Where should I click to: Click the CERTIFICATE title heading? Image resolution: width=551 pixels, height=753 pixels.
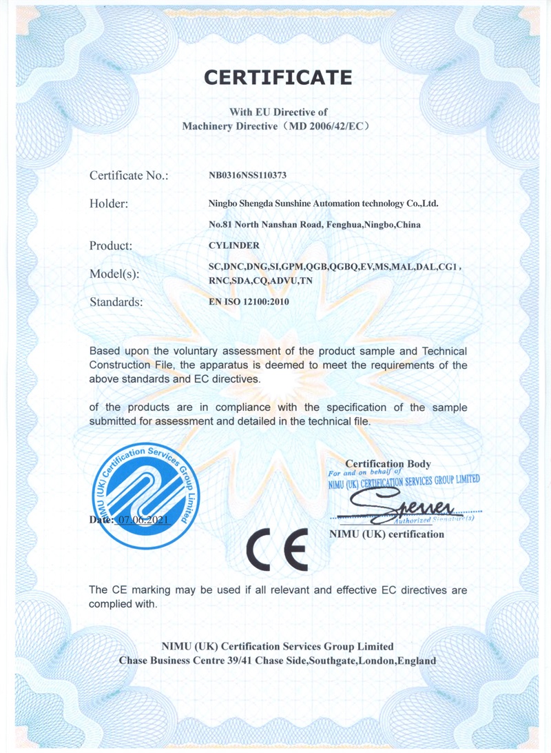click(x=278, y=77)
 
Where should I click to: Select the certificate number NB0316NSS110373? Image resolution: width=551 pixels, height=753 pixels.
click(x=247, y=176)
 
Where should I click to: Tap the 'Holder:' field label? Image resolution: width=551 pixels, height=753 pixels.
click(x=109, y=203)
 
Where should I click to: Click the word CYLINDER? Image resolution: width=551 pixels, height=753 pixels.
click(x=233, y=245)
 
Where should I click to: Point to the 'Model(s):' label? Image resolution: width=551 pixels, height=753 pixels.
click(x=114, y=274)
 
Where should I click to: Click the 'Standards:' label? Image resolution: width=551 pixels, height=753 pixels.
click(x=116, y=301)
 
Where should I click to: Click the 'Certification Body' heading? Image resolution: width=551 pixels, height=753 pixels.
click(x=388, y=464)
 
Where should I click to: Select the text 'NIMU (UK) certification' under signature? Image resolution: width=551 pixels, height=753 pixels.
click(x=387, y=534)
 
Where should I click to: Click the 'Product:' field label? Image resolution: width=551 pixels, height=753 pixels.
click(x=111, y=245)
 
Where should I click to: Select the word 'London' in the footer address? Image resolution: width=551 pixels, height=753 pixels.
click(x=377, y=661)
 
